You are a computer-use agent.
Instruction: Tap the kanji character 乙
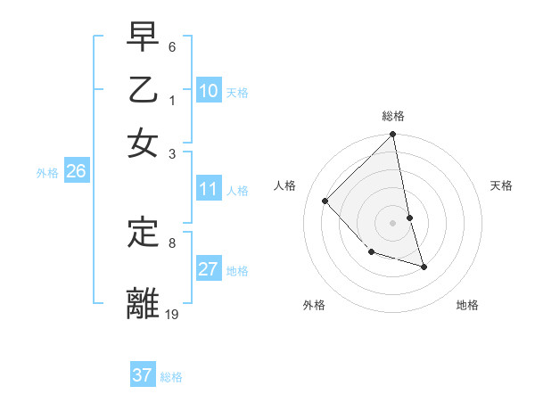[144, 89]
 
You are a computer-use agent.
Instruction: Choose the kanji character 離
[144, 303]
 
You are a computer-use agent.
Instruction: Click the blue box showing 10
[209, 91]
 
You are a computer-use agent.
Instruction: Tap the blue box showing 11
[209, 189]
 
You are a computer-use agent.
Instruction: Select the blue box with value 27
[209, 269]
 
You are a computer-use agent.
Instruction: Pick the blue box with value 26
[76, 171]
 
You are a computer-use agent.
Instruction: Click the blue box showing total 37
[143, 375]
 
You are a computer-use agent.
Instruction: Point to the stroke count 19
[172, 314]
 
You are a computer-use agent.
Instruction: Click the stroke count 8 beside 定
[171, 242]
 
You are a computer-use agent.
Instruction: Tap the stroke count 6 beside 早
[171, 45]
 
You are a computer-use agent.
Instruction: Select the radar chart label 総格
[393, 116]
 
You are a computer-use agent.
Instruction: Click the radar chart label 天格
[501, 185]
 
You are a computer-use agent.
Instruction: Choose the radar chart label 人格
[284, 185]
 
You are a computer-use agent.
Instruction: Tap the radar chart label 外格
[314, 305]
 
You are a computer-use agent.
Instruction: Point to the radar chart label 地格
[467, 305]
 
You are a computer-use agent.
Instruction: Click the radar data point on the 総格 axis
[392, 136]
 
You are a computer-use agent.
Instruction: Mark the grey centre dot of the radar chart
[393, 221]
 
